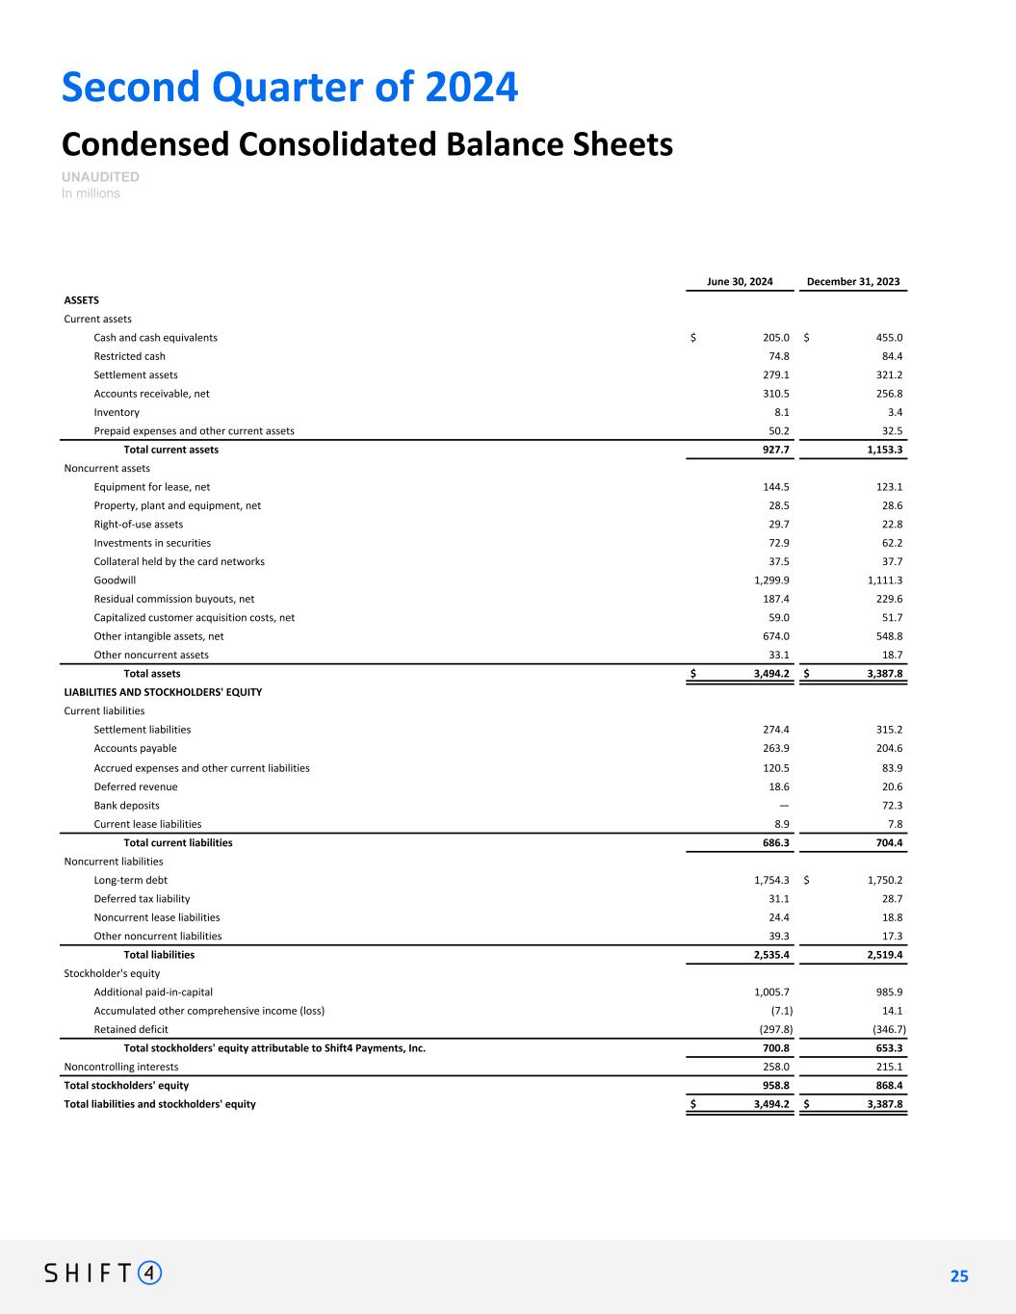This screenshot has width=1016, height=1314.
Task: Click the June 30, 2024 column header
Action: [740, 281]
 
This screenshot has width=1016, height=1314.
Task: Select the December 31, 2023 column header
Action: [853, 281]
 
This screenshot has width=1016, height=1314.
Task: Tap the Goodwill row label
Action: [115, 580]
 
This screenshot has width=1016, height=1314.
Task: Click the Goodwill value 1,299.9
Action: [771, 580]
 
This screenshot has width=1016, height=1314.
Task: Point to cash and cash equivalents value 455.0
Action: [885, 338]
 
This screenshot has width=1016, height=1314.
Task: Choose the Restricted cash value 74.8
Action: [775, 356]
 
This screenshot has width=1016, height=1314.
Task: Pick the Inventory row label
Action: [117, 412]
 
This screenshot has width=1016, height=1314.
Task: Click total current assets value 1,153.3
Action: [880, 450]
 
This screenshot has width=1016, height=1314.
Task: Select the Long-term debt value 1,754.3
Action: [771, 880]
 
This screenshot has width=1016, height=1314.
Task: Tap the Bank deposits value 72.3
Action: [887, 806]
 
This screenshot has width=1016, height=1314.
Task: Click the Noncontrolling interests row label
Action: [120, 1067]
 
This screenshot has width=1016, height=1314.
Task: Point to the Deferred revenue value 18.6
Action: [776, 786]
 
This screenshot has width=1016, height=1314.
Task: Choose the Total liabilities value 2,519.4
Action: [880, 955]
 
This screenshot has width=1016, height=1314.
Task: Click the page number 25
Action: [959, 1276]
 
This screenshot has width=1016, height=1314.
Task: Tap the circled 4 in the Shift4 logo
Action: [150, 1273]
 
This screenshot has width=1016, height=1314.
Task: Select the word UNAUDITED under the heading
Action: [100, 177]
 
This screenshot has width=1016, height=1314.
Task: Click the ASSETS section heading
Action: [81, 300]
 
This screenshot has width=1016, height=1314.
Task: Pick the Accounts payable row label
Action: [135, 748]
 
